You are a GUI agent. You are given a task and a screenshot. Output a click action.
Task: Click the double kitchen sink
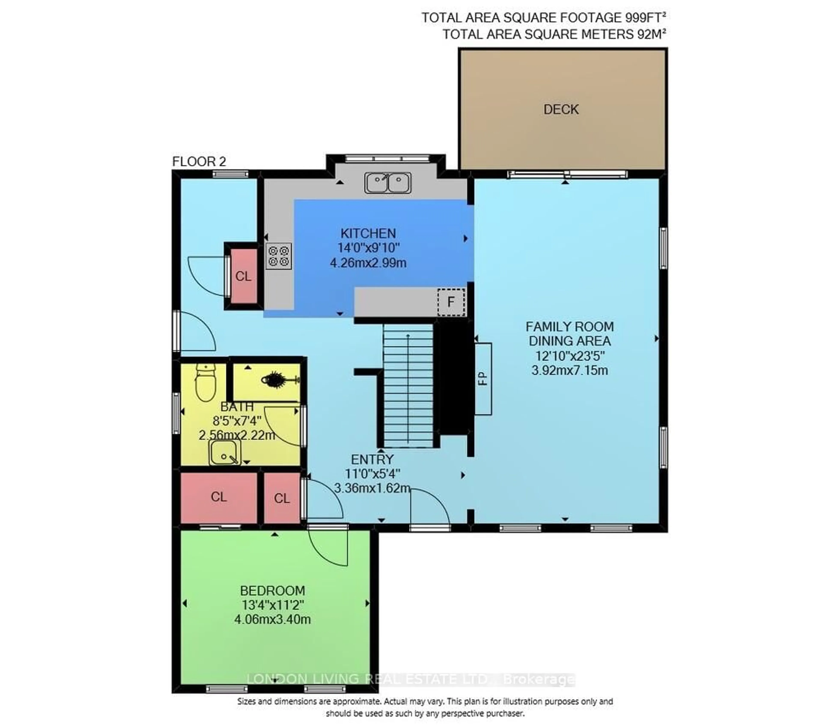coord(388,183)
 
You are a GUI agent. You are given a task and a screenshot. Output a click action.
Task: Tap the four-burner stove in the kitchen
coord(279,256)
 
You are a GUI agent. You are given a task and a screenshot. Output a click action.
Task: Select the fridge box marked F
coord(451,302)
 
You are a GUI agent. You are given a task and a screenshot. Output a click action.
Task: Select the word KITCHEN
coord(368,233)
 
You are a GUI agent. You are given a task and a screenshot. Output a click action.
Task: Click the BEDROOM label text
coord(272,591)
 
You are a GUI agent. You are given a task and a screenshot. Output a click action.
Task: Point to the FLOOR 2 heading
coord(199,162)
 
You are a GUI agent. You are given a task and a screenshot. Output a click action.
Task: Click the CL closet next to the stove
coord(243,276)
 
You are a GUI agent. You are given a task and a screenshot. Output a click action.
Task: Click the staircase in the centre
coord(408,386)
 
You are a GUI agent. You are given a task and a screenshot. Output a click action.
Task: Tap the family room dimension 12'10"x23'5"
coord(570,356)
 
